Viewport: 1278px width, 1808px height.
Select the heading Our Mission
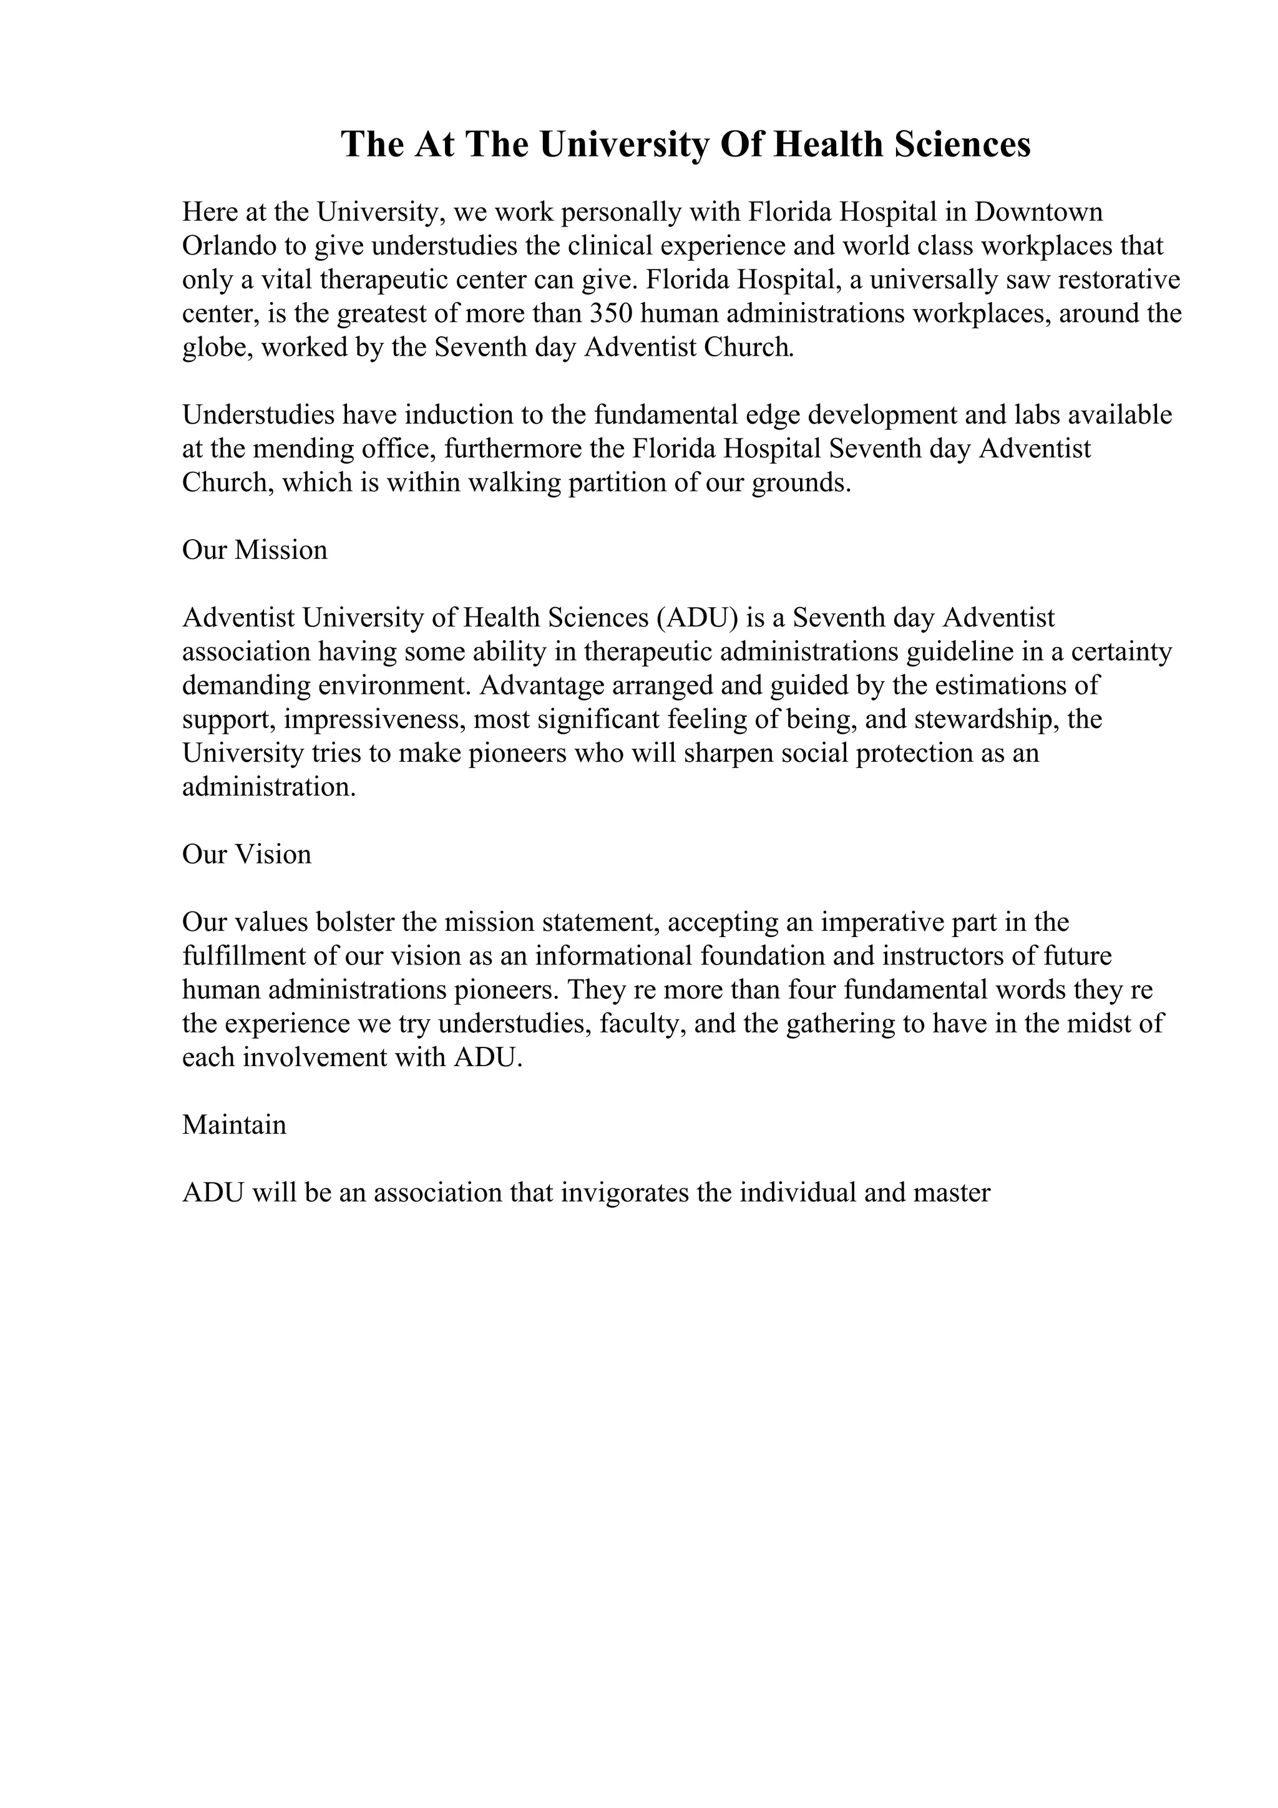tap(255, 550)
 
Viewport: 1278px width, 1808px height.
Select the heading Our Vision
tap(246, 853)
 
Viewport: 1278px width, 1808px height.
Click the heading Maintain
tap(234, 1124)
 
